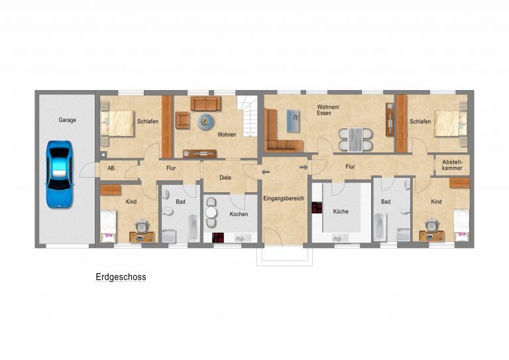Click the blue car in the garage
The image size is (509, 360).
[x=60, y=174]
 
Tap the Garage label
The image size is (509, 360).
[x=67, y=120]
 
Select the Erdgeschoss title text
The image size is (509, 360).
[x=121, y=277]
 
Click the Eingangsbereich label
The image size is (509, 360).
[x=284, y=198]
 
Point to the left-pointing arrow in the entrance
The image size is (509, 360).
[x=266, y=172]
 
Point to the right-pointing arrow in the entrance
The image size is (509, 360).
[x=304, y=167]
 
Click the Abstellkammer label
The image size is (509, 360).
[x=452, y=165]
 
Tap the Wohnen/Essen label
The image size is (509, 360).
[x=328, y=110]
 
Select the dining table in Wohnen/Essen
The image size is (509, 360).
[x=355, y=140]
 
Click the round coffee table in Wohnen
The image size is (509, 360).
[x=205, y=122]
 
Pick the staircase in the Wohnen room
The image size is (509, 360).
[x=247, y=115]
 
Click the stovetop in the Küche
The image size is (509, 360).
[x=317, y=208]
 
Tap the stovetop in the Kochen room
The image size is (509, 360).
[x=218, y=237]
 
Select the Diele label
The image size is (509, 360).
[x=225, y=178]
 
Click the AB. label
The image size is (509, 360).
[x=111, y=168]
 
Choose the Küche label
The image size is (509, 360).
[x=341, y=211]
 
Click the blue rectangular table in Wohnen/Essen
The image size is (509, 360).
[x=293, y=121]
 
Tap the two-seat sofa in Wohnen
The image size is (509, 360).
[x=205, y=103]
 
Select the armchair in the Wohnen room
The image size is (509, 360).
[x=183, y=120]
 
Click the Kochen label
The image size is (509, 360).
[x=239, y=214]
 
